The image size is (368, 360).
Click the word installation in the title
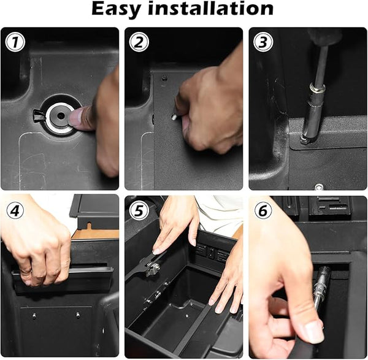pyautogui.click(x=211, y=9)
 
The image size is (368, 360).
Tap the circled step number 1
pyautogui.click(x=15, y=42)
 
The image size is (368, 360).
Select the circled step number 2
pyautogui.click(x=139, y=42)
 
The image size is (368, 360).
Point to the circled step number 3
pyautogui.click(x=263, y=42)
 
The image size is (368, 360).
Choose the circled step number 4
pyautogui.click(x=15, y=211)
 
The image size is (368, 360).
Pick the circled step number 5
pyautogui.click(x=139, y=211)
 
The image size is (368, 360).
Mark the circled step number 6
pyautogui.click(x=263, y=211)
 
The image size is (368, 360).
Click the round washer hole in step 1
pyautogui.click(x=61, y=115)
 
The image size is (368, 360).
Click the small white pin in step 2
pyautogui.click(x=174, y=117)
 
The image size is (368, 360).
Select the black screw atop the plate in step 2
pyautogui.click(x=164, y=78)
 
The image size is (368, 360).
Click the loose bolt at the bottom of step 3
pyautogui.click(x=319, y=187)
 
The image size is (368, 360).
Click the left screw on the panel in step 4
pyautogui.click(x=34, y=316)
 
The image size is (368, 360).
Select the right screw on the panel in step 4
pyautogui.click(x=78, y=315)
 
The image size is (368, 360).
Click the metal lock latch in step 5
pyautogui.click(x=152, y=268)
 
